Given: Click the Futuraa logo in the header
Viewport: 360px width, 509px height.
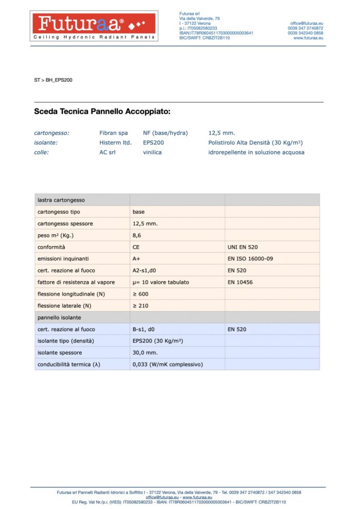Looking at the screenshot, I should click(x=95, y=26).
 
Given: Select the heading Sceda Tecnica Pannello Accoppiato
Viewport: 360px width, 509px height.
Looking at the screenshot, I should click(x=102, y=111).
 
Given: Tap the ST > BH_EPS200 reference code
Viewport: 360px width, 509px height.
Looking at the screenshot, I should click(x=53, y=80).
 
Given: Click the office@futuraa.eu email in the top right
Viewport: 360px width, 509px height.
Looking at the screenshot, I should click(x=307, y=23).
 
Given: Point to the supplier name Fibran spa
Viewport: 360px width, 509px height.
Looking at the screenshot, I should click(x=114, y=133).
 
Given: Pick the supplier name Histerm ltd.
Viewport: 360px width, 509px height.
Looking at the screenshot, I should click(x=115, y=142).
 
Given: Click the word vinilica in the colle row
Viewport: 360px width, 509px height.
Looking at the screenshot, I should click(x=152, y=152).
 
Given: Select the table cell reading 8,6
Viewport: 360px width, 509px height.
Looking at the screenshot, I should click(x=137, y=235).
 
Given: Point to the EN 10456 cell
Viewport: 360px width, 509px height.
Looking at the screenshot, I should click(x=240, y=282).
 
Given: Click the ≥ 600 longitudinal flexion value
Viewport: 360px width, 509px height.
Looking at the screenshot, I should click(x=140, y=294).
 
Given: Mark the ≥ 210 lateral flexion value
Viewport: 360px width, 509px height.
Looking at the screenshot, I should click(x=140, y=306).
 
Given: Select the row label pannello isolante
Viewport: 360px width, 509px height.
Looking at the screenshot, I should click(x=59, y=318).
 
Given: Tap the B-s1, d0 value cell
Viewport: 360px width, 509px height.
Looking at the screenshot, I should click(x=147, y=329).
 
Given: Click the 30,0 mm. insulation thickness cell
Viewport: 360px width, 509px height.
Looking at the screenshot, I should click(x=145, y=353).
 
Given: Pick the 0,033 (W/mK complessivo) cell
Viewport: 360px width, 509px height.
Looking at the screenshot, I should click(x=168, y=365).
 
